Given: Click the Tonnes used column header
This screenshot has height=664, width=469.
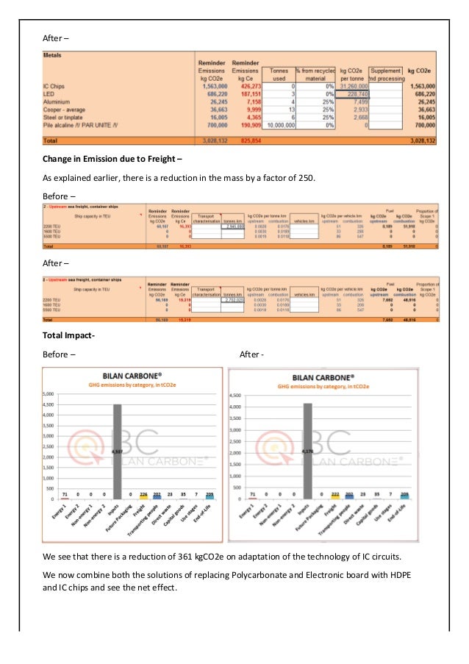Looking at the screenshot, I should point(277,73).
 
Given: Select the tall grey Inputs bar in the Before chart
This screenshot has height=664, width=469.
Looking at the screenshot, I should point(117,451).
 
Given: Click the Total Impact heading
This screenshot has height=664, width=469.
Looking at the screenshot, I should point(68,335).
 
